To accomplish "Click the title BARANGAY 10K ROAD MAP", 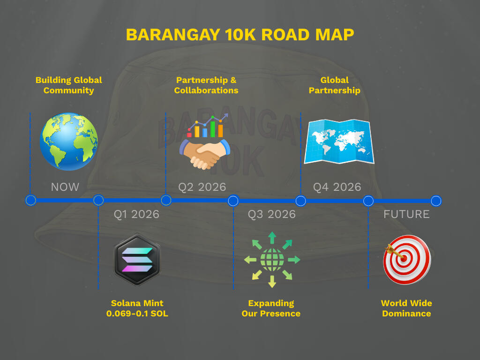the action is tap(240, 35).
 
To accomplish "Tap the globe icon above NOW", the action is tap(68, 142).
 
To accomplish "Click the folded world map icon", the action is tap(339, 142).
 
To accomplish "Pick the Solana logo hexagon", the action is tap(137, 260).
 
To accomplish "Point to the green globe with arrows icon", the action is tap(272, 260).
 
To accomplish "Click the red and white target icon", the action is tap(407, 260).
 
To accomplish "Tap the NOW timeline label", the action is tap(65, 187).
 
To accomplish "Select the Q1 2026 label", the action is tap(136, 214).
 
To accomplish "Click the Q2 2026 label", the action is tap(202, 187).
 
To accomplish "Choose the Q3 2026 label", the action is tap(272, 214).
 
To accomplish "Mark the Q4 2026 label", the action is tap(337, 187).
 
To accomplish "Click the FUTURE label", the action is tap(406, 214).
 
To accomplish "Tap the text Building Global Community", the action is tap(68, 85).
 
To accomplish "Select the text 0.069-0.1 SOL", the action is tap(137, 314).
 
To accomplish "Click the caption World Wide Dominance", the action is tap(406, 308).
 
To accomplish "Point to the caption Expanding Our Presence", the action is tap(271, 308).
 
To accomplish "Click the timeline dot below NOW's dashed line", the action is tap(30, 201).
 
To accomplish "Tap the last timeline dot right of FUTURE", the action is tap(436, 201).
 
